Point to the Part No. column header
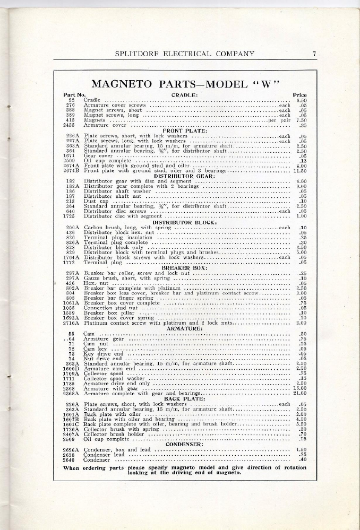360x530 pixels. pos(74,94)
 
